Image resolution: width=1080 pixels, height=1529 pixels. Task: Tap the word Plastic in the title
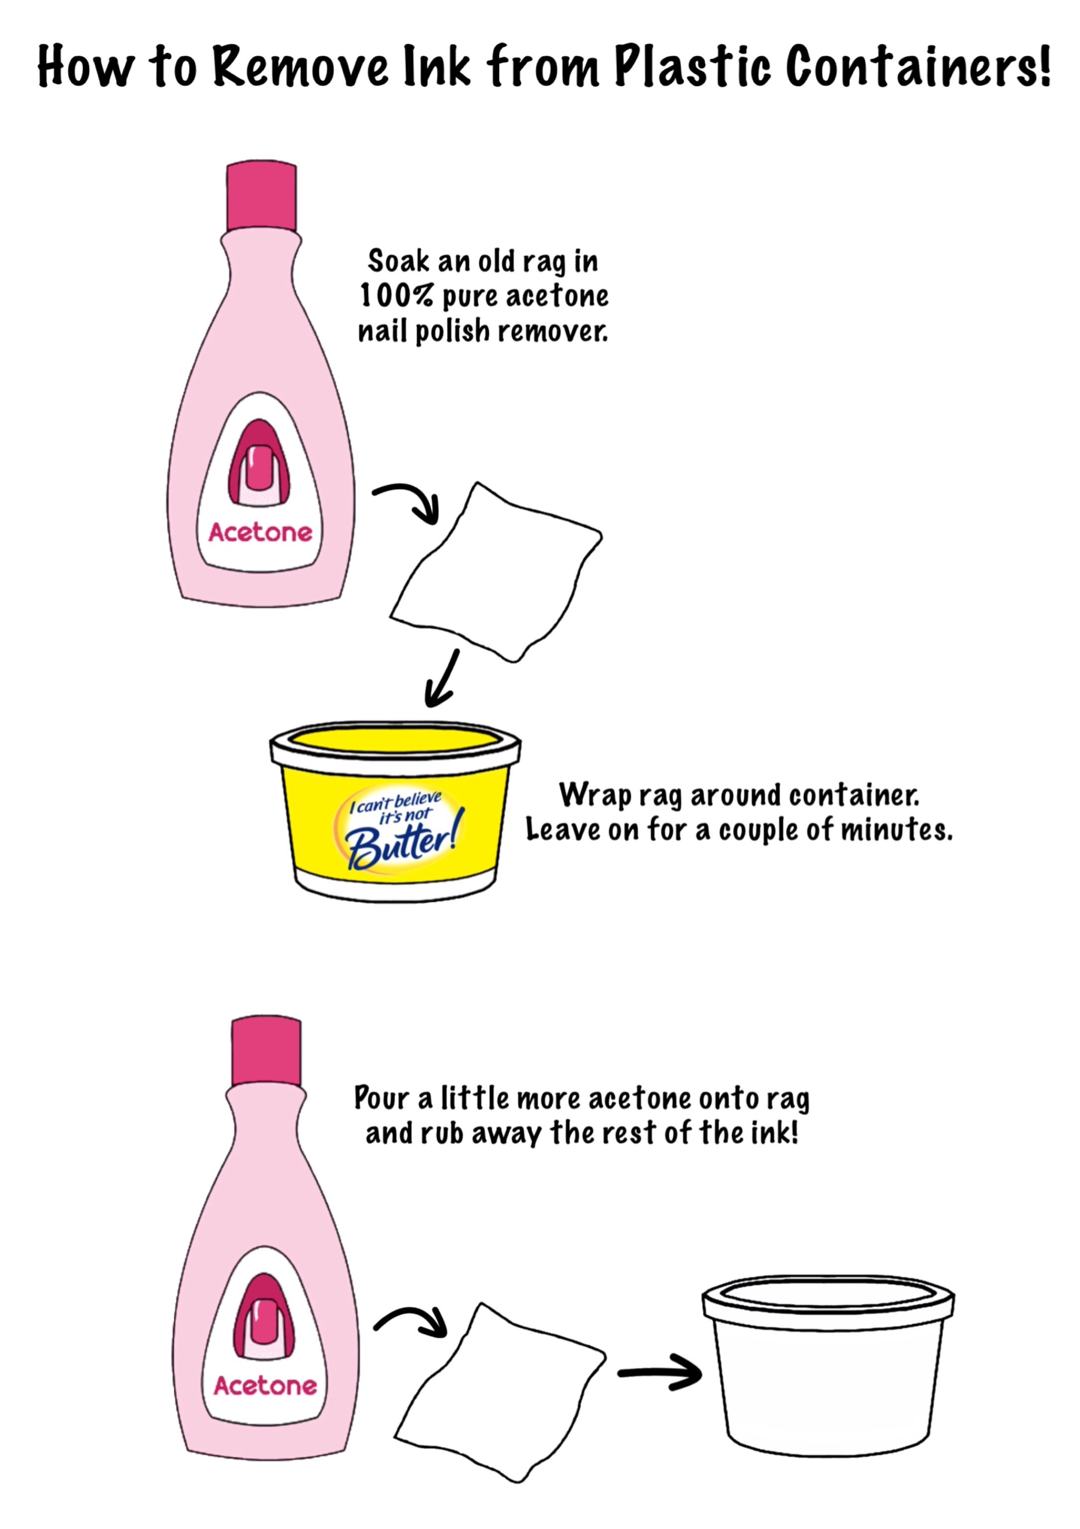tap(692, 67)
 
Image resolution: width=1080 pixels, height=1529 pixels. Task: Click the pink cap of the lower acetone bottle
tap(266, 1052)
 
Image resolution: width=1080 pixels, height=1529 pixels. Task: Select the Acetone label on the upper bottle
tap(260, 532)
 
